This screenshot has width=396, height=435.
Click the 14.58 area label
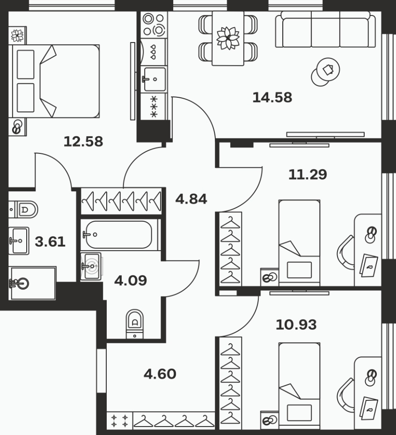point(272,98)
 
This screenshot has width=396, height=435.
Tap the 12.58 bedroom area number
point(83,141)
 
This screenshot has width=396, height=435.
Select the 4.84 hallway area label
point(191,199)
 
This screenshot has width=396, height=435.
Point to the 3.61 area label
point(50,242)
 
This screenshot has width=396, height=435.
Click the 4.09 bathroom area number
point(131,281)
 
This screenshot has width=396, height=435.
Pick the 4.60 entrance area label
point(160,374)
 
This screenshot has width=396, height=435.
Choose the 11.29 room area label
point(308,174)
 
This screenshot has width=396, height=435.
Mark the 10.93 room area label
point(296,325)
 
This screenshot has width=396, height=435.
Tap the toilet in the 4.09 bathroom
point(135,324)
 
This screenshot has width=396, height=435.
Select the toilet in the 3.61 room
point(23,210)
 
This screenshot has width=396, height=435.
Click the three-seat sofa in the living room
point(325,29)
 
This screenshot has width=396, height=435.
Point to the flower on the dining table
point(228,38)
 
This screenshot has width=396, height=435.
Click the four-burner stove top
point(154,25)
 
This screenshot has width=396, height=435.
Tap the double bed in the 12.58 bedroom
point(56,81)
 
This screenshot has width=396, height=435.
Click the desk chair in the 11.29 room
point(345,253)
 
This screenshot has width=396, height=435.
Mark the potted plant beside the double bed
point(17,36)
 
